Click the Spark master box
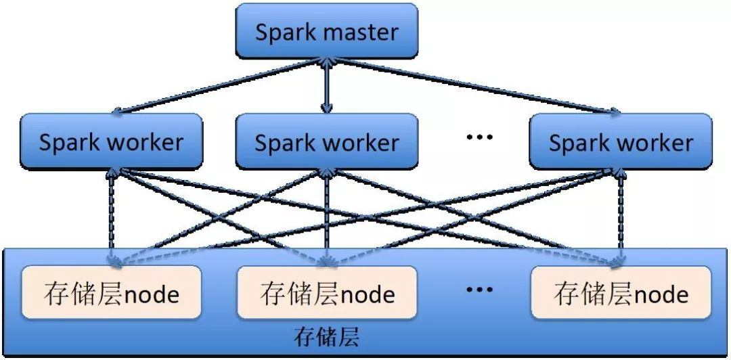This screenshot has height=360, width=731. point(326,31)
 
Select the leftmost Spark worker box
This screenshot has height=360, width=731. point(111,141)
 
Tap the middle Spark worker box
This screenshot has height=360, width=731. point(326,141)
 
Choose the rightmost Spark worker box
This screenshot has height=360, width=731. point(621,141)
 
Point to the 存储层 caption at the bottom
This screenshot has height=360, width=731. point(327,336)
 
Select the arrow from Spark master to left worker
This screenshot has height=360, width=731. point(217,85)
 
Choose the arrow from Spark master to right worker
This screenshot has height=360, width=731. point(474,85)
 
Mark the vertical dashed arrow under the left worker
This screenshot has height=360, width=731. point(112,217)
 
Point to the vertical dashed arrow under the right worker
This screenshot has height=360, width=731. point(621,217)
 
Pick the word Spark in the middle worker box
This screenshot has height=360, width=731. point(285,143)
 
